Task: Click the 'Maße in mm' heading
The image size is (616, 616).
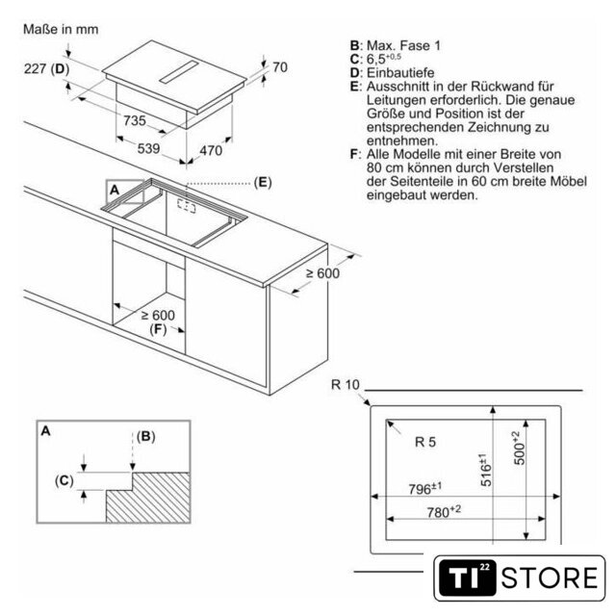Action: (61, 29)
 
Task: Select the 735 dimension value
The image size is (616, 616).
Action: (135, 120)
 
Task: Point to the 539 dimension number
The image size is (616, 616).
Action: (148, 148)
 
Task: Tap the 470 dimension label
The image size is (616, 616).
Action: (211, 150)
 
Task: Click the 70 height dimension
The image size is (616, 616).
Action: (280, 67)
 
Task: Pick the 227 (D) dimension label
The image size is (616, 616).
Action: (47, 68)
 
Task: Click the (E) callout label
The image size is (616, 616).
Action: (263, 182)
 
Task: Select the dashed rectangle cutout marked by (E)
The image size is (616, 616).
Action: (186, 206)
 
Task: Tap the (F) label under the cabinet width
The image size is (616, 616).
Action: (158, 329)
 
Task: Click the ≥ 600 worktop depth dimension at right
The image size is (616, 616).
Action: (323, 273)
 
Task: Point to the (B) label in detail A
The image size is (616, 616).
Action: (146, 436)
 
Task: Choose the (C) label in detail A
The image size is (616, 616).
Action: (64, 480)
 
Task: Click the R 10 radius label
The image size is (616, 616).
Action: (346, 385)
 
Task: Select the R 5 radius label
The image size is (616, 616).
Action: (425, 442)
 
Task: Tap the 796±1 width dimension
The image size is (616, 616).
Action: (425, 488)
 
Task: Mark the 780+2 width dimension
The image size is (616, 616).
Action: (444, 511)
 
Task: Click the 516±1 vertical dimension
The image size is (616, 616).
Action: (485, 471)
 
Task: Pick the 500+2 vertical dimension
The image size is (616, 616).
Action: (520, 448)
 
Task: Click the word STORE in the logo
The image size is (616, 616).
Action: (550, 577)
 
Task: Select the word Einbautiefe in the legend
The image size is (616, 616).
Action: (400, 73)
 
